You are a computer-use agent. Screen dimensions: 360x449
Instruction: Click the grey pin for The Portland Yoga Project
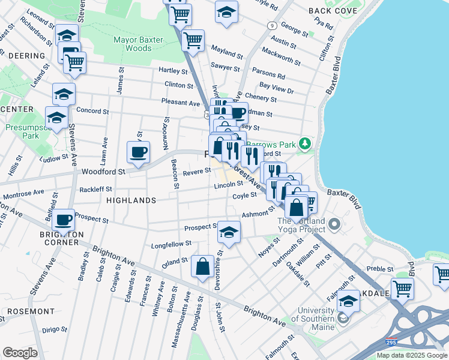click(334, 226)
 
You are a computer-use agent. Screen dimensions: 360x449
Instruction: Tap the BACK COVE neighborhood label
click(333, 11)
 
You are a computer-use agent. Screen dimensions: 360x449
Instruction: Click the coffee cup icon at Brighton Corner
click(63, 220)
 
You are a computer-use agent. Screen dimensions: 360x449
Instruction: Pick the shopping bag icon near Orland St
click(203, 266)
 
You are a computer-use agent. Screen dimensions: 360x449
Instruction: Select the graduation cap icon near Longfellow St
click(229, 232)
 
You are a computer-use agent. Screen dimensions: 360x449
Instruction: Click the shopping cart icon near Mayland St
click(193, 40)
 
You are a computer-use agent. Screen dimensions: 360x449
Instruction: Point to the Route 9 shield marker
click(273, 25)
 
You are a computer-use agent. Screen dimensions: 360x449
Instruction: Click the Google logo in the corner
click(20, 353)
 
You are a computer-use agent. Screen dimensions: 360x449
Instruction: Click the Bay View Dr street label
click(277, 90)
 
